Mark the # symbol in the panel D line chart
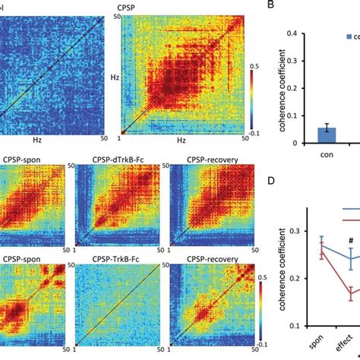tap(351, 242)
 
